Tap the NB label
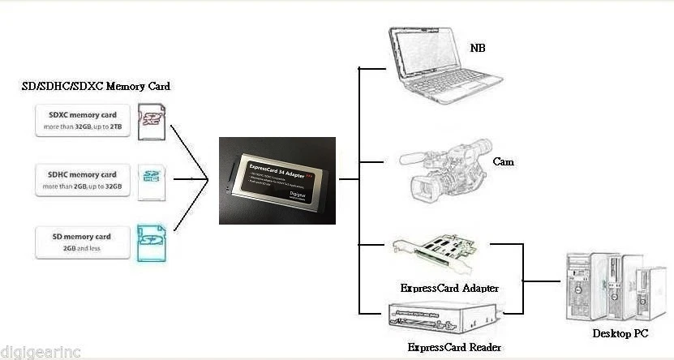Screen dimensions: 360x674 point(479,48)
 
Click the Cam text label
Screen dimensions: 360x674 point(503,162)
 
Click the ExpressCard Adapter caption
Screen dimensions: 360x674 point(449,288)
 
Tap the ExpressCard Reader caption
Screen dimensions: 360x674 point(454,347)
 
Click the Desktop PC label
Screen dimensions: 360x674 point(620,333)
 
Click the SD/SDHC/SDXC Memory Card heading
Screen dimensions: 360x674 point(96,86)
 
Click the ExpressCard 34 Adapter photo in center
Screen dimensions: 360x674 point(277,180)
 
